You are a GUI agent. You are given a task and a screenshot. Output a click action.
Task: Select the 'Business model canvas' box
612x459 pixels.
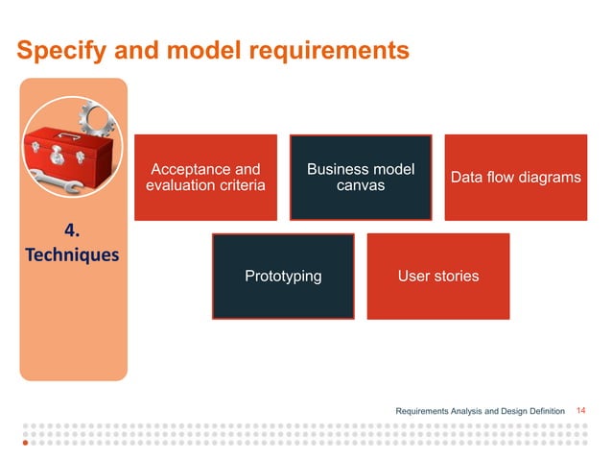361,178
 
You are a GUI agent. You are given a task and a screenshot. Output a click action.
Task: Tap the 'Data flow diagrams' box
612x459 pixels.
515,178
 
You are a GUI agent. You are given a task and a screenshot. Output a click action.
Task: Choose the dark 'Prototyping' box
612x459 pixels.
283,277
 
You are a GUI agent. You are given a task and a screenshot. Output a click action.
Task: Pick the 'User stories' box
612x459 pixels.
438,277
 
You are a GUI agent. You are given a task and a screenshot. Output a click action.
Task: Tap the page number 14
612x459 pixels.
579,411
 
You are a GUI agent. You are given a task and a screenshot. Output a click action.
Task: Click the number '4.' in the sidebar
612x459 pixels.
72,231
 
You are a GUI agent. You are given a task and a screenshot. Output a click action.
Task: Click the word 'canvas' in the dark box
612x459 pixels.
361,185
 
